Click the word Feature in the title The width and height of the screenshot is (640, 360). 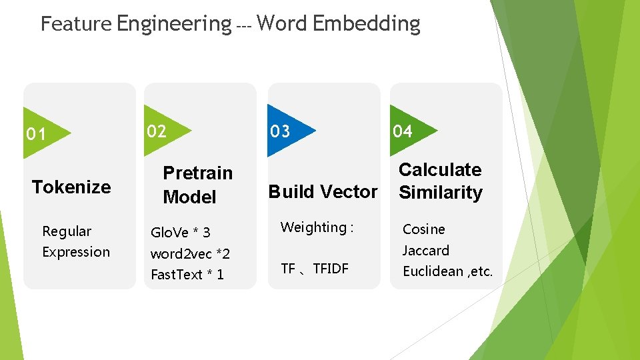click(x=76, y=24)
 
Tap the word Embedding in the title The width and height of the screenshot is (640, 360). click(x=366, y=24)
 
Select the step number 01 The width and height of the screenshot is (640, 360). click(x=36, y=135)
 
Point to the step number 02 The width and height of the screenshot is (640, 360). click(x=157, y=131)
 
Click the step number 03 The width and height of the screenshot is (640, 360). click(x=280, y=131)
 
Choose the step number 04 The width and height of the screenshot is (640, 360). click(x=402, y=131)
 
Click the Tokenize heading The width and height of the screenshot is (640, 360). click(x=71, y=187)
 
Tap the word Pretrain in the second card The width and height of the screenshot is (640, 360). click(x=198, y=173)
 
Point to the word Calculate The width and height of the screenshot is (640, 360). click(x=440, y=170)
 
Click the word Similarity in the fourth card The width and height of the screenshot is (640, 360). click(x=440, y=193)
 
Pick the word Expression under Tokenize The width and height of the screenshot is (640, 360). click(x=76, y=252)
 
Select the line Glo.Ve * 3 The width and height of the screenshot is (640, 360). click(x=181, y=232)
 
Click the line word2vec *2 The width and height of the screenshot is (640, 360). click(x=190, y=253)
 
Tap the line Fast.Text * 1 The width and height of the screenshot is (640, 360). click(x=187, y=275)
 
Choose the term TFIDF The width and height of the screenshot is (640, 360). click(x=331, y=269)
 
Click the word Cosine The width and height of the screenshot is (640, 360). click(x=423, y=229)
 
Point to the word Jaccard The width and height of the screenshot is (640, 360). click(x=425, y=251)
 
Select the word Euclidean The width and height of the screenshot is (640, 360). click(x=433, y=271)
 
